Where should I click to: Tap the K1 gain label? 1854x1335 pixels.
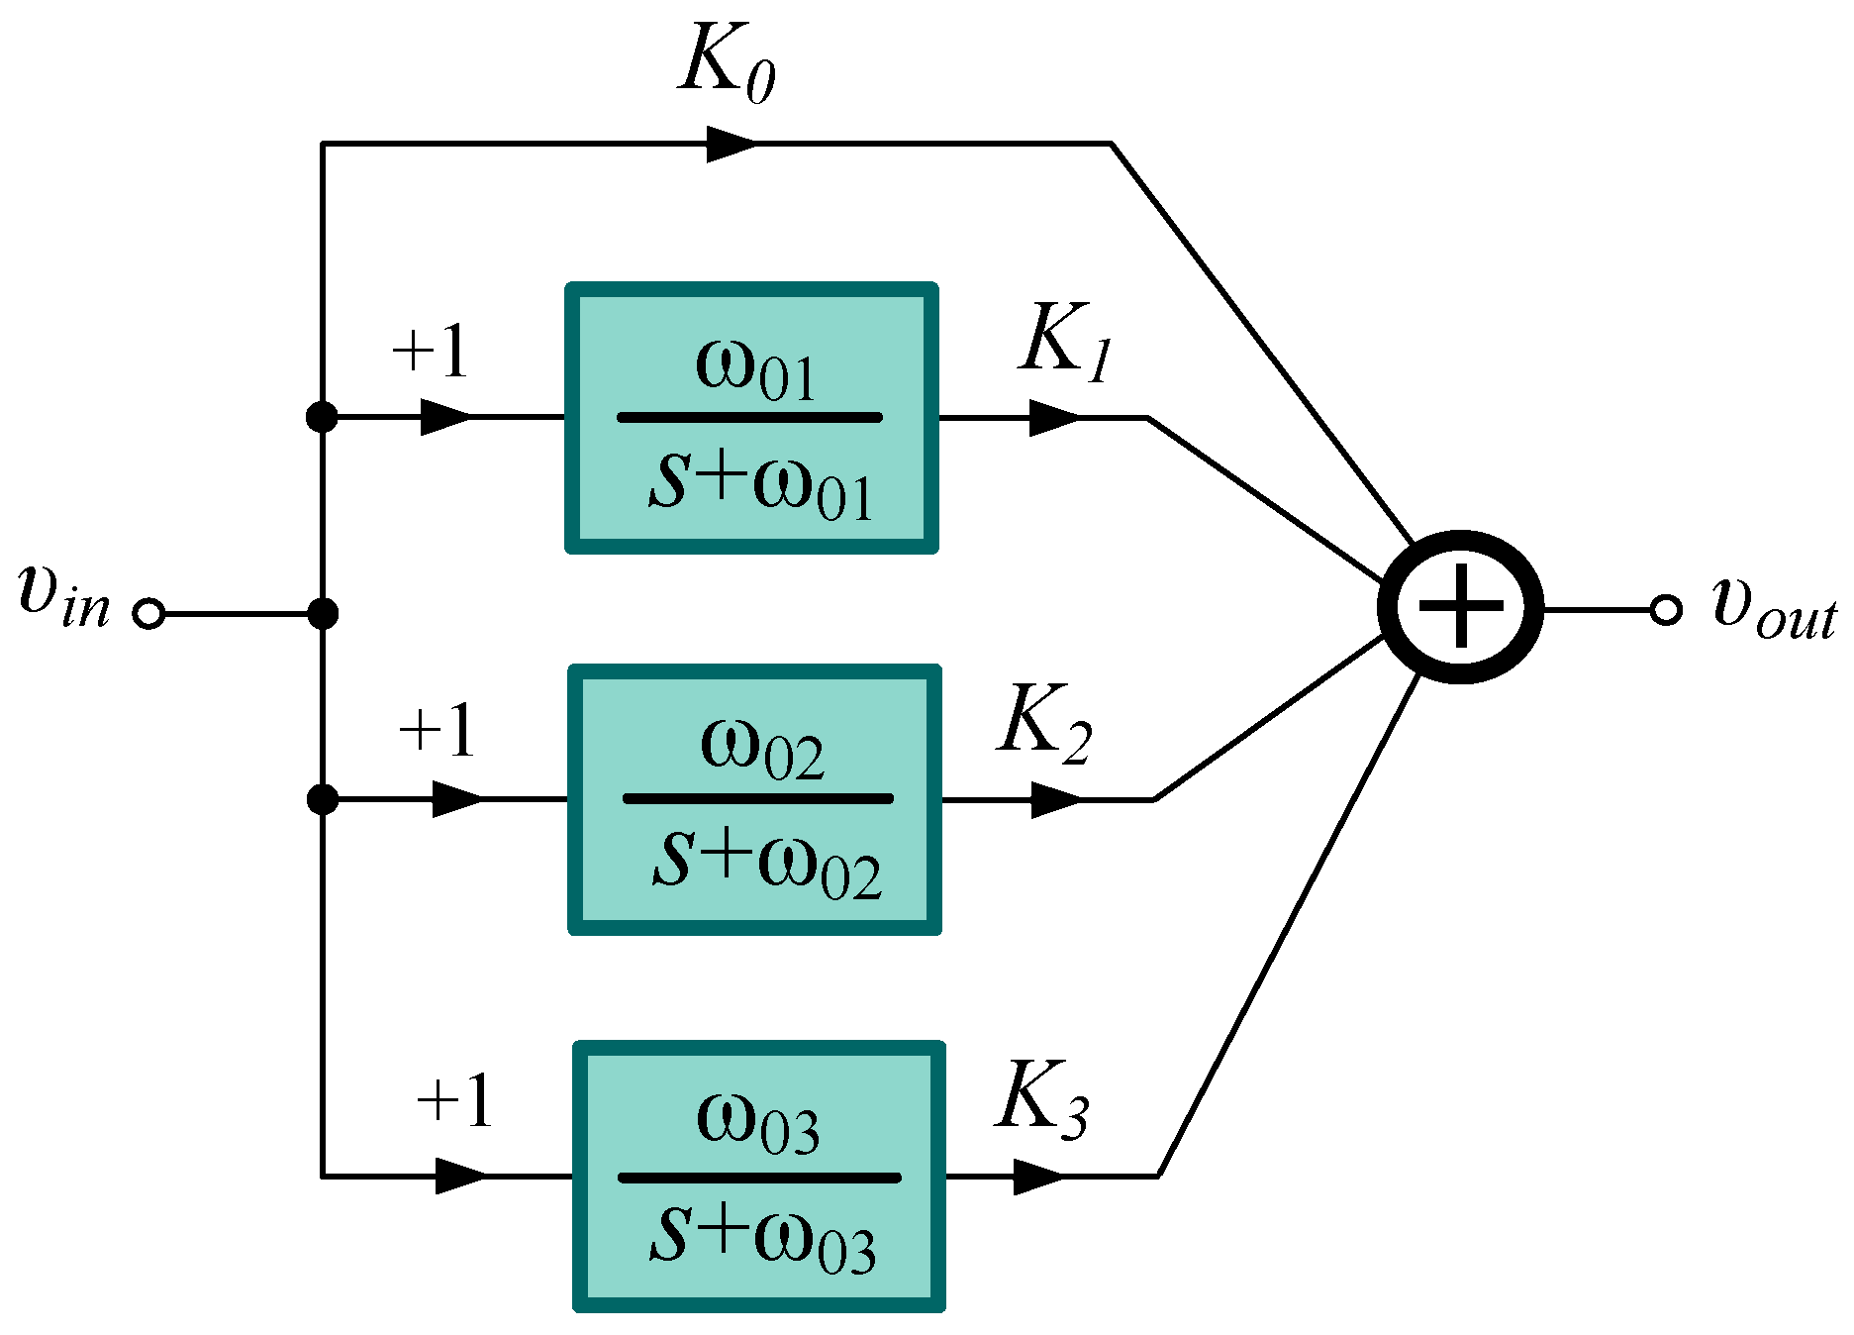tap(1065, 343)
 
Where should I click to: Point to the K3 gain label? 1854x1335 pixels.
tap(1041, 1099)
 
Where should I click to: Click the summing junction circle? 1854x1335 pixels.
tap(1460, 607)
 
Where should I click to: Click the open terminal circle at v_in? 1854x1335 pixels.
tap(148, 614)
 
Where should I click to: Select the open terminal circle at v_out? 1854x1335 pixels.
tap(1666, 610)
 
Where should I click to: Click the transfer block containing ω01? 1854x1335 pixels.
tap(751, 418)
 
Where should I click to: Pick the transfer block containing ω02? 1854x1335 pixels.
tap(754, 799)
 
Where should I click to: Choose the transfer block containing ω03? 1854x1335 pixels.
tap(759, 1177)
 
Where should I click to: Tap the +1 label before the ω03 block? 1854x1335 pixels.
tap(454, 1100)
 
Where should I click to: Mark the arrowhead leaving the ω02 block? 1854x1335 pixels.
tap(1055, 799)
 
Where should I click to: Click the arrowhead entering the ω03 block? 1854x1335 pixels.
tap(460, 1177)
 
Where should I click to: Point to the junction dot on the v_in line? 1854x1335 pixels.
tap(323, 614)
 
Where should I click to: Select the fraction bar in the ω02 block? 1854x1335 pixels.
tap(757, 798)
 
